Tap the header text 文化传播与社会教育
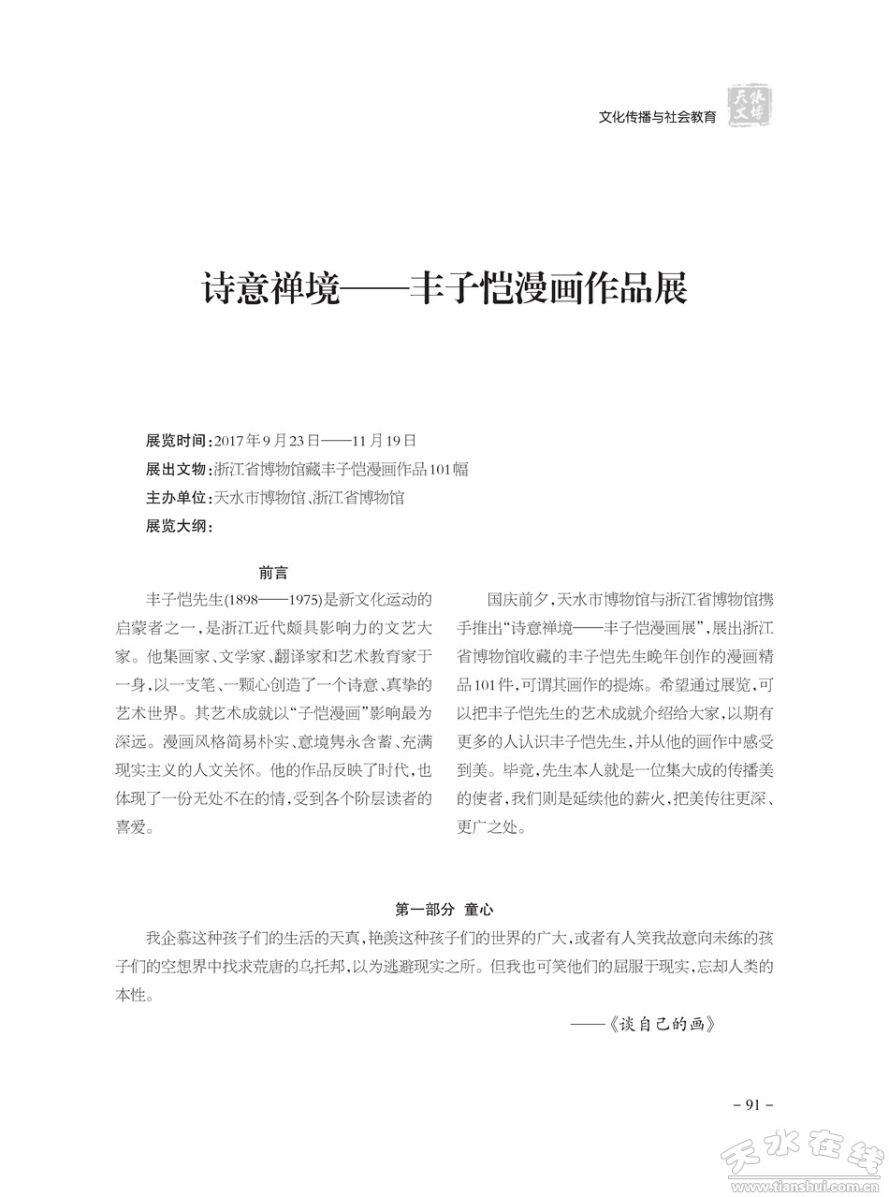click(657, 117)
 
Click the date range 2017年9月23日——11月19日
click(315, 441)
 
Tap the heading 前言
click(273, 573)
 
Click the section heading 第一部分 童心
click(444, 909)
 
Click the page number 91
click(752, 1105)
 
